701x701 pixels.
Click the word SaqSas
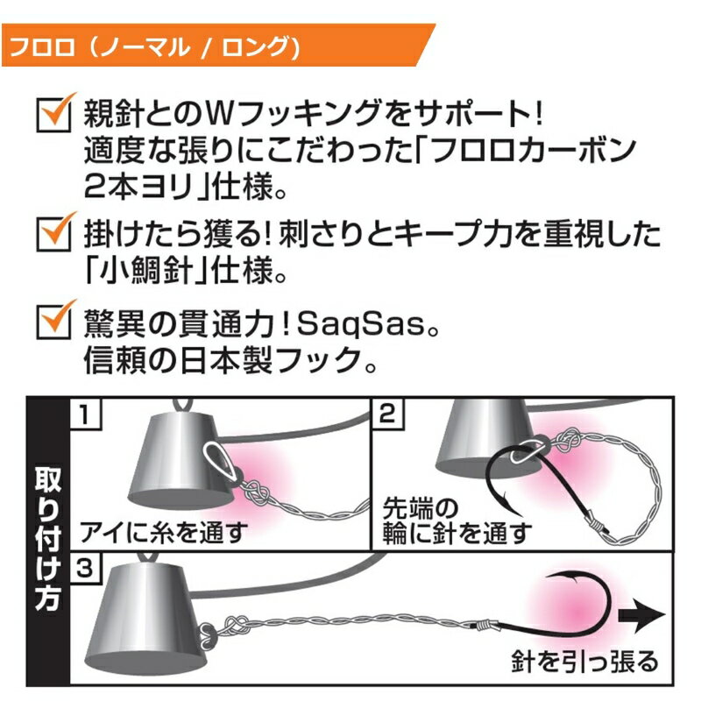pos(360,324)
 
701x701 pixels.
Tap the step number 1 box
pos(85,414)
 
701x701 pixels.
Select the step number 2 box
pos(387,414)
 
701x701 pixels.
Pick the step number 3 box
pos(85,568)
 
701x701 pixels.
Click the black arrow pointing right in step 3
pos(641,615)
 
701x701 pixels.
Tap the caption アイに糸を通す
pos(163,532)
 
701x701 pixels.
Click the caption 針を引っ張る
pos(584,662)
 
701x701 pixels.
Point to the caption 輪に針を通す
pos(457,534)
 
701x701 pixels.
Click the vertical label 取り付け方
pos(48,539)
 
